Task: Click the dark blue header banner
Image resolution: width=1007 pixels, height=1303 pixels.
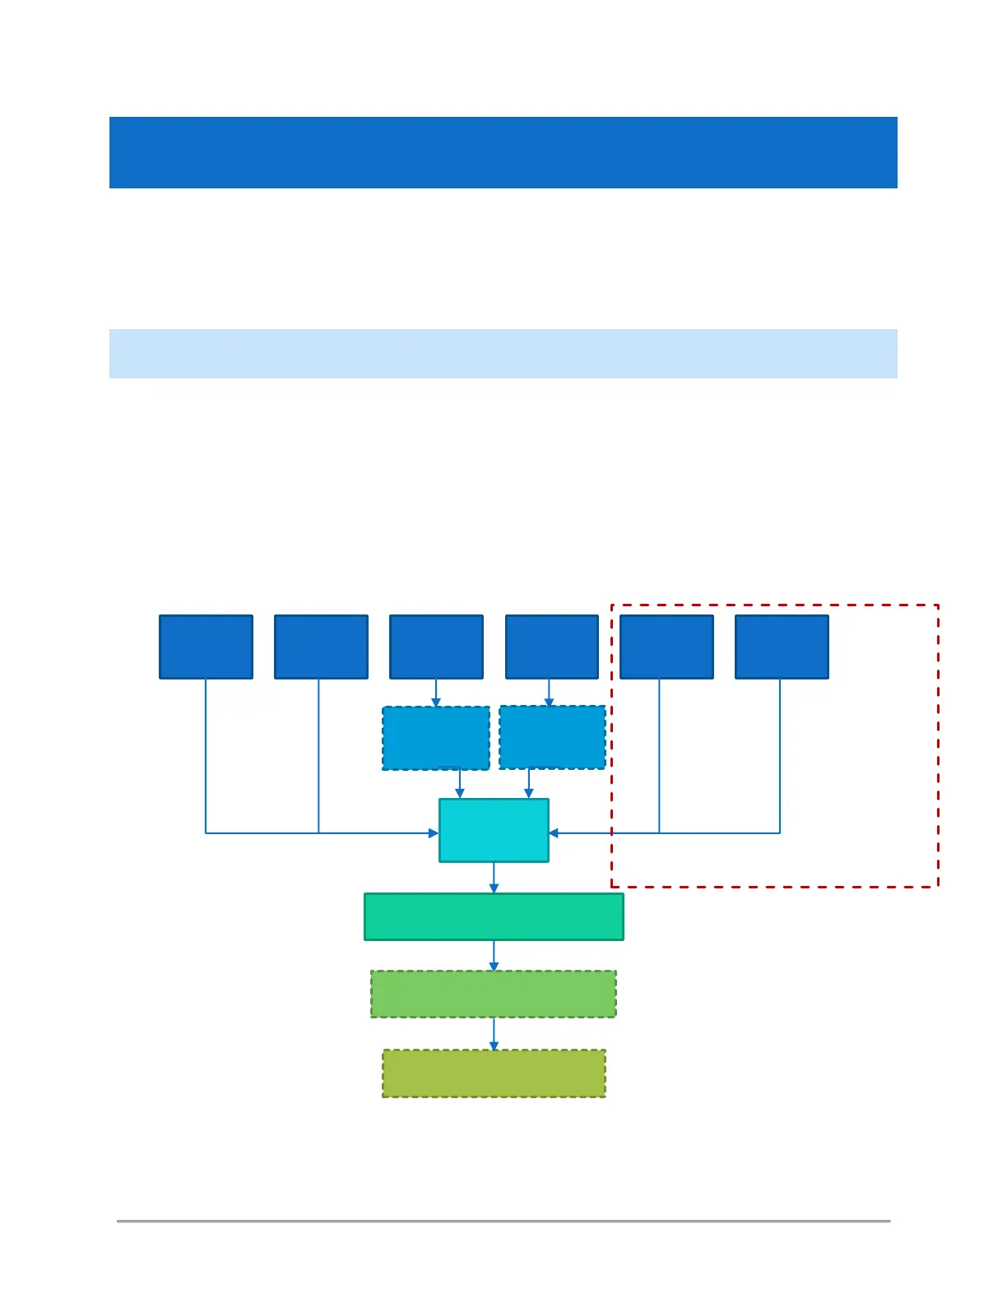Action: pyautogui.click(x=503, y=152)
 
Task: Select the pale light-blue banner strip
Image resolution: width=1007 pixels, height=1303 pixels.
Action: pyautogui.click(x=503, y=354)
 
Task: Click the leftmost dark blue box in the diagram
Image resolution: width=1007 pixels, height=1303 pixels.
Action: pyautogui.click(x=206, y=647)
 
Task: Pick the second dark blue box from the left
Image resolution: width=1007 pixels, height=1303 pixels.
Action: pyautogui.click(x=321, y=647)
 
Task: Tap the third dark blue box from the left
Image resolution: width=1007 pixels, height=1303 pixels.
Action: pyautogui.click(x=436, y=647)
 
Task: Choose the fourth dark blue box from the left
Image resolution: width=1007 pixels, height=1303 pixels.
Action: pyautogui.click(x=551, y=647)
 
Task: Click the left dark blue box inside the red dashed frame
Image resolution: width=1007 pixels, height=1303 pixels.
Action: pyautogui.click(x=666, y=647)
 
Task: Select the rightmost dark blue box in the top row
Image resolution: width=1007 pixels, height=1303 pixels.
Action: pyautogui.click(x=782, y=647)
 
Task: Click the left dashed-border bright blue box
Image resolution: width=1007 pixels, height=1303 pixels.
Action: pyautogui.click(x=436, y=738)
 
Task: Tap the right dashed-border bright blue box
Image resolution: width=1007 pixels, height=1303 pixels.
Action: pyautogui.click(x=552, y=737)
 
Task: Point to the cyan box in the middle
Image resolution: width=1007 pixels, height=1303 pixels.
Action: pyautogui.click(x=494, y=830)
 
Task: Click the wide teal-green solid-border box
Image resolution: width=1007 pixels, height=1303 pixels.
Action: pyautogui.click(x=494, y=916)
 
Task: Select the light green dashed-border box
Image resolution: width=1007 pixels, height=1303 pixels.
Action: pyautogui.click(x=494, y=994)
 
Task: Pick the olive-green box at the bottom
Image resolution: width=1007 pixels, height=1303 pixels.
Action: pyautogui.click(x=494, y=1073)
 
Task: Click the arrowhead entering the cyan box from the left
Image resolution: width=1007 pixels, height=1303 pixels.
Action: pyautogui.click(x=434, y=833)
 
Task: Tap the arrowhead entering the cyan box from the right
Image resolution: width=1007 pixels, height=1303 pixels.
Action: pyautogui.click(x=554, y=833)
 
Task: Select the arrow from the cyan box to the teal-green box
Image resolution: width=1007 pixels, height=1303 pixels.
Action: pyautogui.click(x=494, y=879)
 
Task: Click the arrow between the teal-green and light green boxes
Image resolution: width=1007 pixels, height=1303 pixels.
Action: pyautogui.click(x=494, y=957)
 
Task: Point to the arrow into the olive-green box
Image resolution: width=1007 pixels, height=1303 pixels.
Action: pyautogui.click(x=494, y=1035)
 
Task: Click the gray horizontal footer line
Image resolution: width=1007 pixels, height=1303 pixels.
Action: pyautogui.click(x=503, y=1221)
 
